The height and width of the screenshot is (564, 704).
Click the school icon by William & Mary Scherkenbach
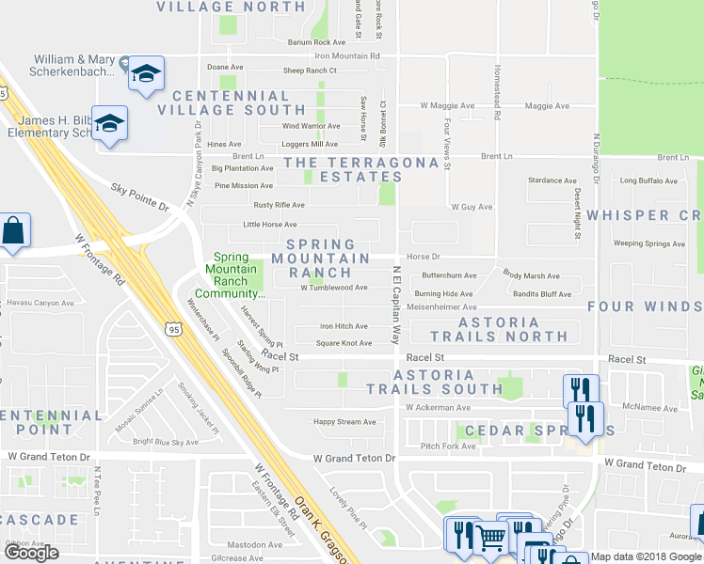pyautogui.click(x=146, y=73)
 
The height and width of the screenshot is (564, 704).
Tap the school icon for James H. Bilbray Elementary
pyautogui.click(x=109, y=123)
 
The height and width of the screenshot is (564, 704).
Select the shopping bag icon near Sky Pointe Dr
pyautogui.click(x=13, y=230)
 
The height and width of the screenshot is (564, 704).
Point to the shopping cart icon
pyautogui.click(x=491, y=538)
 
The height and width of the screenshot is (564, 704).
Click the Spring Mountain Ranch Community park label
pyautogui.click(x=238, y=274)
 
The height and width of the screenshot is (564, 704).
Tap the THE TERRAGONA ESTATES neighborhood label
pyautogui.click(x=362, y=169)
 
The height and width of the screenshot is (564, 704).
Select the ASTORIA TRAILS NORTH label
pyautogui.click(x=499, y=329)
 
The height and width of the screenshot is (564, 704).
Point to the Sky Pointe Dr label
pyautogui.click(x=139, y=196)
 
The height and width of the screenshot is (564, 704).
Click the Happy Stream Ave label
pyautogui.click(x=344, y=422)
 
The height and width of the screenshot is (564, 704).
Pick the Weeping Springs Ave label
pyautogui.click(x=649, y=243)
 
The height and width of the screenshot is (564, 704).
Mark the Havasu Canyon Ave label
pyautogui.click(x=40, y=303)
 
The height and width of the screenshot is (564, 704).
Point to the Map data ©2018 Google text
pyautogui.click(x=646, y=556)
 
